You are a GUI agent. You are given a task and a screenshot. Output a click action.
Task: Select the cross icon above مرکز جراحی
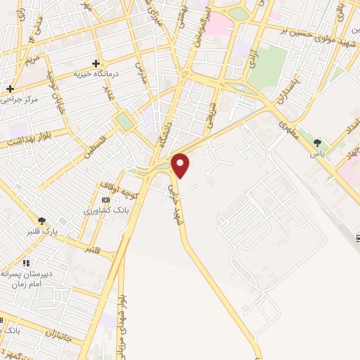(10, 89)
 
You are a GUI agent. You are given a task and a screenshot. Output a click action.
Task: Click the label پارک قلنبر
(41, 232)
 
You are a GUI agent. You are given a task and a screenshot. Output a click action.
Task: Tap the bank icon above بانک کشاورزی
(105, 200)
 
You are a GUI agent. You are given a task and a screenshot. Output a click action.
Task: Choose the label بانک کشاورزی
(104, 210)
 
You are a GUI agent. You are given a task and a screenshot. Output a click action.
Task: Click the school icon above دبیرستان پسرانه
(26, 263)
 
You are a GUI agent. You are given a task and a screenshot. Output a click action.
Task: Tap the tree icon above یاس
(318, 143)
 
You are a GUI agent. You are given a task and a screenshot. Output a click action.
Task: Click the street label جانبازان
(60, 332)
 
